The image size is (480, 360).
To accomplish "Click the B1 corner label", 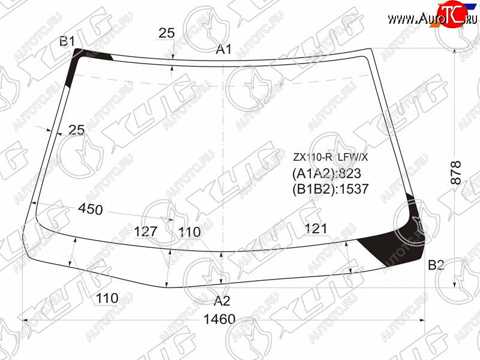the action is coord(67,41).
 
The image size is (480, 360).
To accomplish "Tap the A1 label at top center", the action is coord(224,49).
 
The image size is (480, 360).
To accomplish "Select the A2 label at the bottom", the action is coord(221,301).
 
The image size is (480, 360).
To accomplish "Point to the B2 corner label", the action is coord(436,265).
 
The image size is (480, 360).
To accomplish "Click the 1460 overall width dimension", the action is coord(219,319).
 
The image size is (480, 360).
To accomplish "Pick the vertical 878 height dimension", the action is coord(456,172).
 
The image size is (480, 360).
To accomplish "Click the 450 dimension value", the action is coord(91,209).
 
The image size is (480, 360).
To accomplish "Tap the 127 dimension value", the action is coord(146,232).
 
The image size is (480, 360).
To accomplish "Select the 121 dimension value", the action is coord(316,229).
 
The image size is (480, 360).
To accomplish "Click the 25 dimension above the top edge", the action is coord(167,33).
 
